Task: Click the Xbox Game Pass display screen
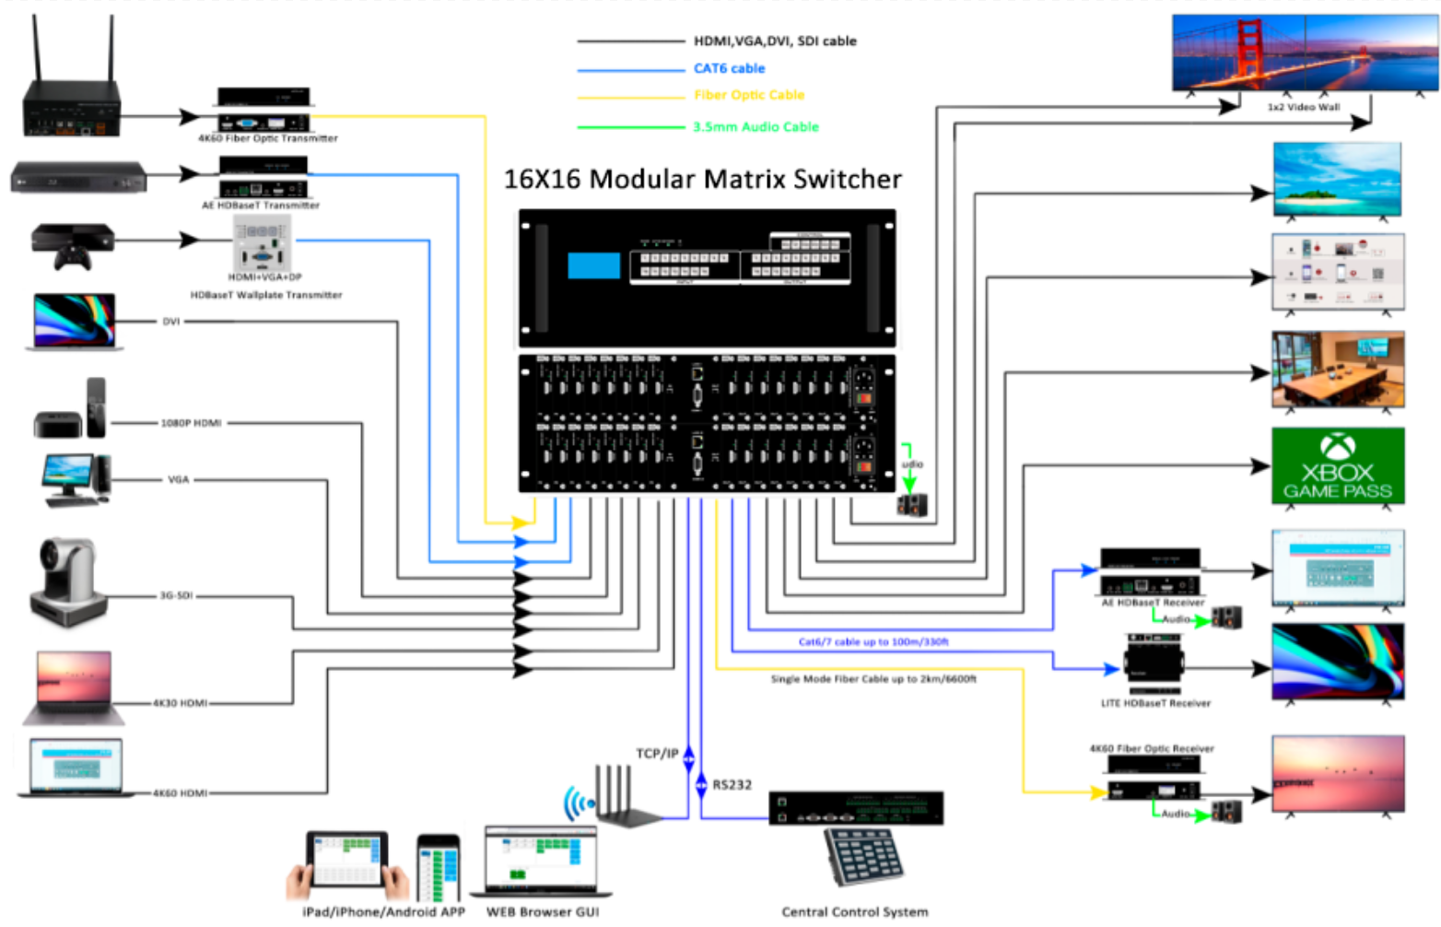click(x=1338, y=465)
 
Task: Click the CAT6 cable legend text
click(x=729, y=68)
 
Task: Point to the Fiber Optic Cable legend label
click(x=749, y=95)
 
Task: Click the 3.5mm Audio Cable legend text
click(x=756, y=127)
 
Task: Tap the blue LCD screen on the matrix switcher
click(x=593, y=265)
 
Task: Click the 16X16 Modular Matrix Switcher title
click(x=702, y=179)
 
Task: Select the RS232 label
click(x=732, y=785)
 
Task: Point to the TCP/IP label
click(x=657, y=754)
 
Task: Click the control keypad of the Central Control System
click(x=863, y=856)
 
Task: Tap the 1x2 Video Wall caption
click(x=1303, y=108)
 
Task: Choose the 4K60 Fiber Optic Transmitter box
click(x=264, y=110)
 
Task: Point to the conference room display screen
click(x=1338, y=369)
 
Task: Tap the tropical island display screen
click(x=1337, y=179)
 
